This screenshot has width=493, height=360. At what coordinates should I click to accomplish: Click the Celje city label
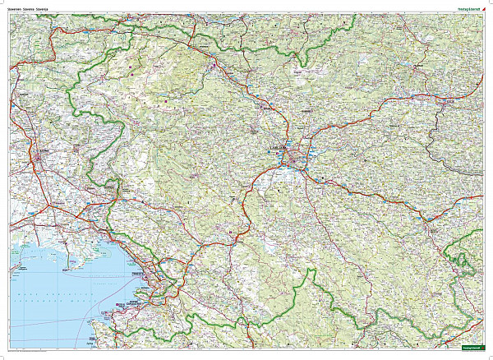tap(449, 100)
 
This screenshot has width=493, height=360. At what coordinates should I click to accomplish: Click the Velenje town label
tap(420, 66)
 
